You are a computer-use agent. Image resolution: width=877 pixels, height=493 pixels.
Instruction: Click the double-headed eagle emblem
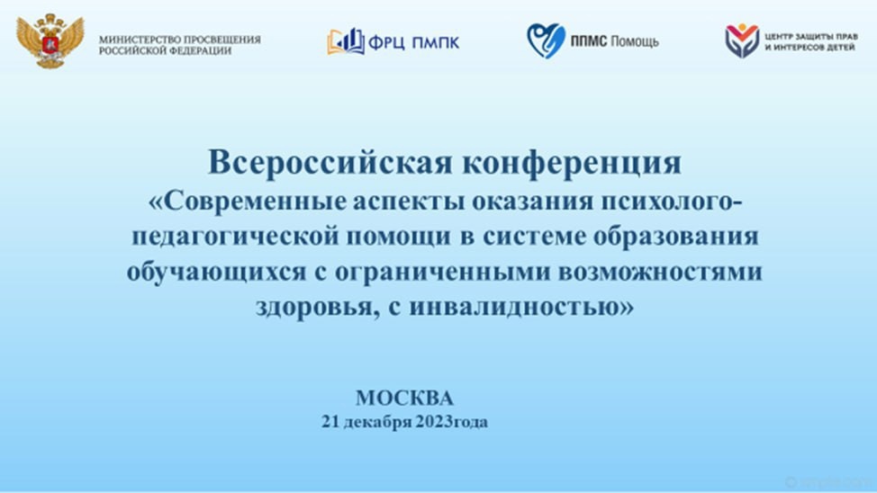(50, 40)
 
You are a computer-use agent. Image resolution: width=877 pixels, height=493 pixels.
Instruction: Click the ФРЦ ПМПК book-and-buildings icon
(346, 41)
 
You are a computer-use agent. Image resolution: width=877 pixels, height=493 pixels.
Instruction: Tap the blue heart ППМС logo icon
(546, 40)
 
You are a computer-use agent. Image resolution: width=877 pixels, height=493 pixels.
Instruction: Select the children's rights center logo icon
(742, 40)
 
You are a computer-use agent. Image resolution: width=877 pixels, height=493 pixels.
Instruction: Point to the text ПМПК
(435, 42)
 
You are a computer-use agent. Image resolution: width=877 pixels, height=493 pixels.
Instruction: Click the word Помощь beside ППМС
(634, 41)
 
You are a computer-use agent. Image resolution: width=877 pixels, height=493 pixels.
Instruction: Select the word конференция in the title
(572, 164)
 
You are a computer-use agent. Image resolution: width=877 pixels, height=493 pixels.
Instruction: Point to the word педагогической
(236, 237)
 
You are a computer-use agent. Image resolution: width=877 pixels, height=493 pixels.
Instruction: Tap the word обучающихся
(216, 273)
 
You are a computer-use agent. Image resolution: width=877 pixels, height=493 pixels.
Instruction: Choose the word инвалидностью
(516, 307)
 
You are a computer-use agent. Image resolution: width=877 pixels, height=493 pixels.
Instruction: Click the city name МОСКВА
(404, 398)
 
